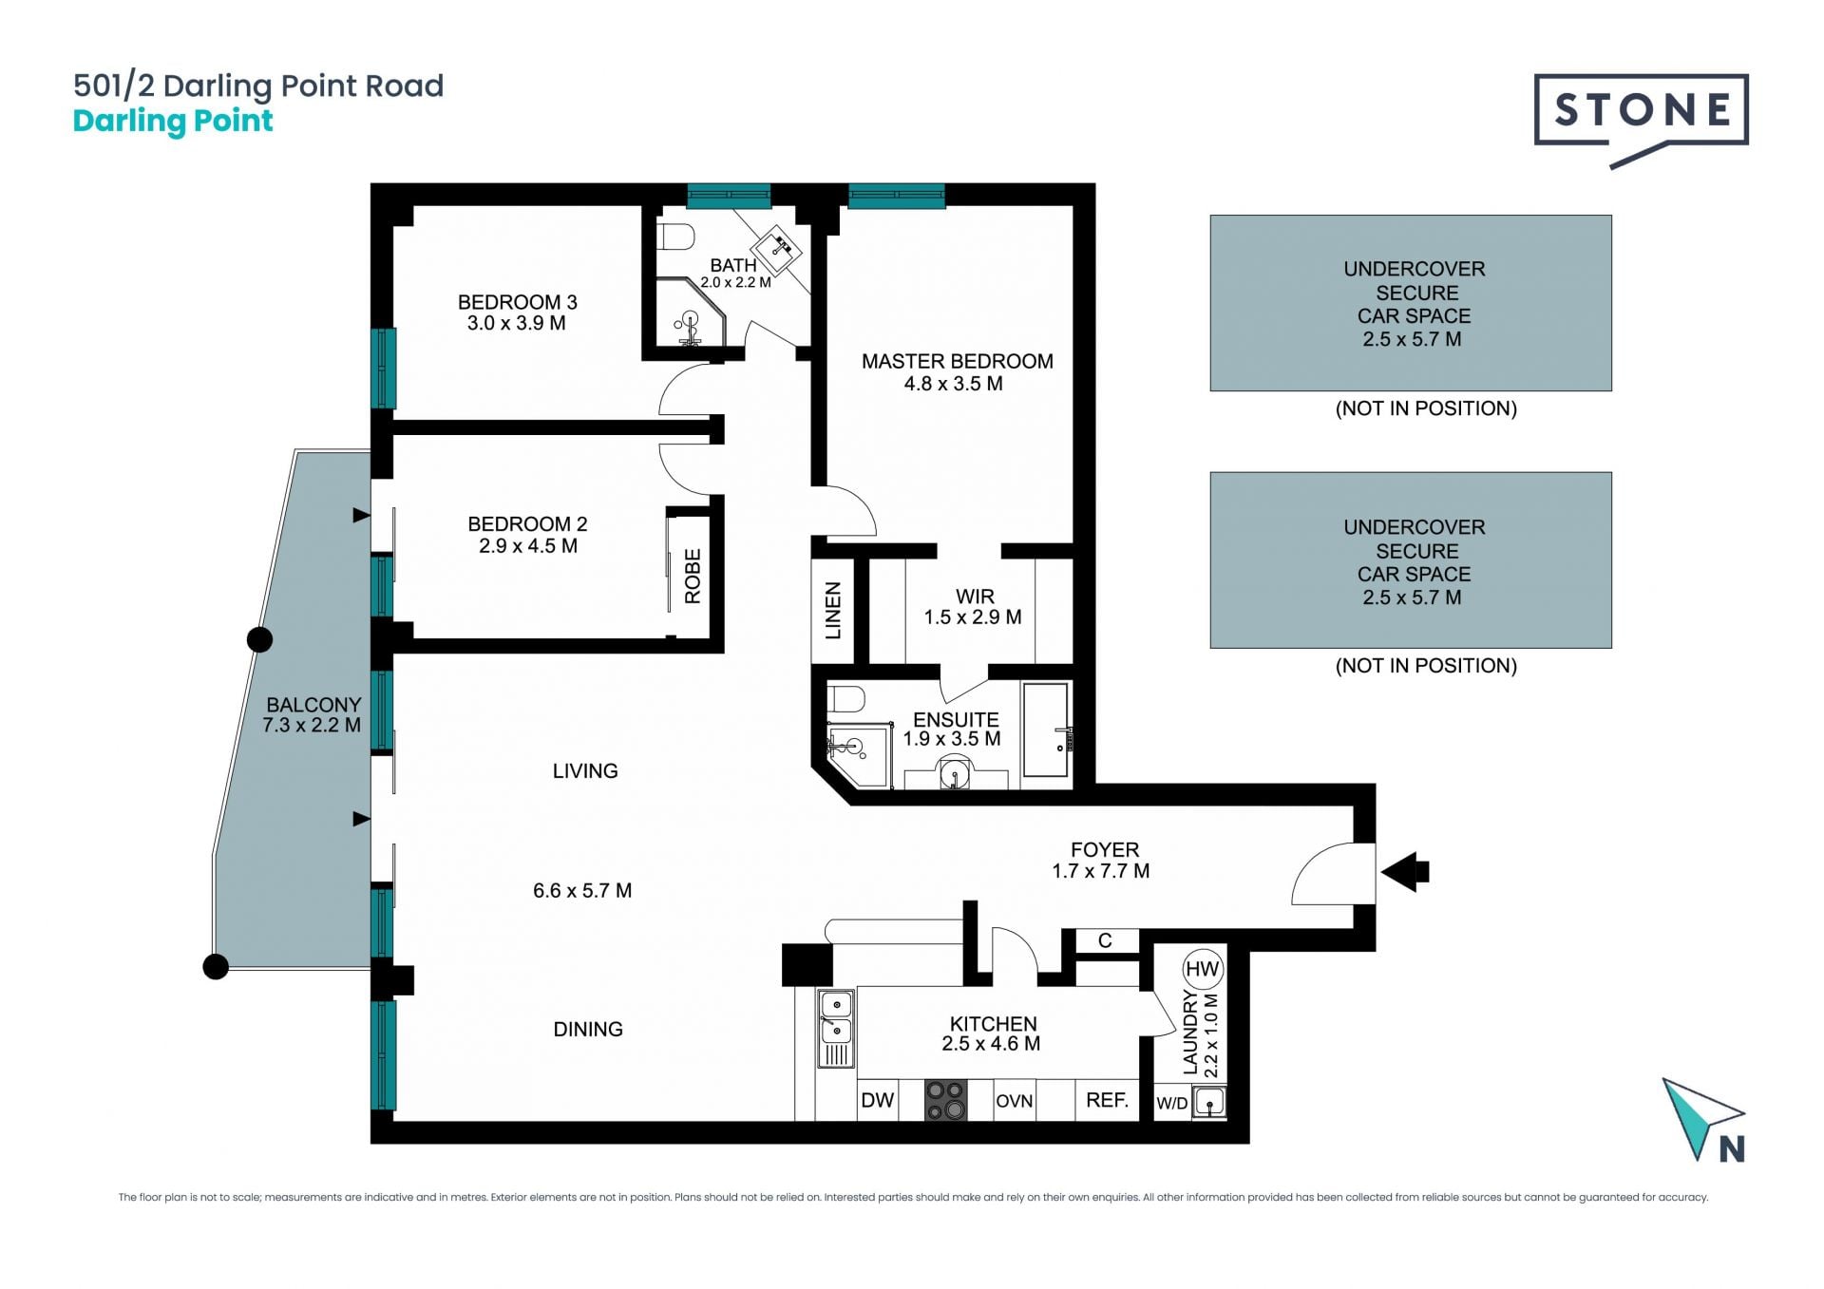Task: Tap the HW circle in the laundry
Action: (1202, 969)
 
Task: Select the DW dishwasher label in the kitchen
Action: (877, 1100)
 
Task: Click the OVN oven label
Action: (1014, 1101)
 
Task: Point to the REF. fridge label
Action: (1107, 1100)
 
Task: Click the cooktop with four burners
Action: (946, 1100)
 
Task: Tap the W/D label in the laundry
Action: (1171, 1103)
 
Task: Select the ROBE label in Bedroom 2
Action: (693, 576)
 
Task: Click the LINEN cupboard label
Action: (833, 610)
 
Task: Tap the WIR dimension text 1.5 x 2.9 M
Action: (973, 617)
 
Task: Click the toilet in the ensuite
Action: (845, 699)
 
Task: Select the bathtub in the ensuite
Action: (1046, 730)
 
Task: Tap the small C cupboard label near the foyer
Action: (1105, 940)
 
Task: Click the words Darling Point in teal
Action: (173, 122)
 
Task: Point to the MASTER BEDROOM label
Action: (957, 362)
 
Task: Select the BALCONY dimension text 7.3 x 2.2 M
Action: (312, 726)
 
